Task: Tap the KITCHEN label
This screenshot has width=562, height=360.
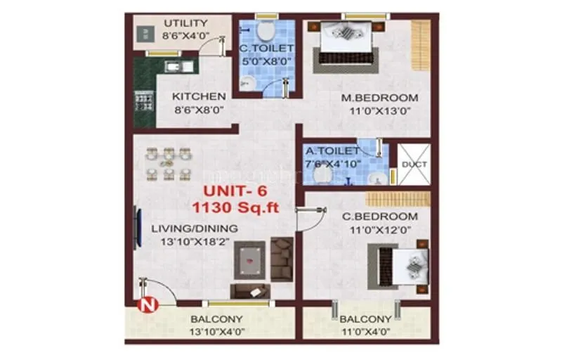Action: click(200, 96)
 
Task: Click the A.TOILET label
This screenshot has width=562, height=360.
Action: click(332, 150)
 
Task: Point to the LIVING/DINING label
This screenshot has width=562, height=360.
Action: click(195, 229)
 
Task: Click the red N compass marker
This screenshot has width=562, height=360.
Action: click(146, 305)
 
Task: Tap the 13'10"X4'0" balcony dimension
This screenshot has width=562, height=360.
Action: click(216, 331)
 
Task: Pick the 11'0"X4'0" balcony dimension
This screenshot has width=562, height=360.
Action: click(365, 331)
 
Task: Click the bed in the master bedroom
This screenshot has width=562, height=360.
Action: click(344, 41)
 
